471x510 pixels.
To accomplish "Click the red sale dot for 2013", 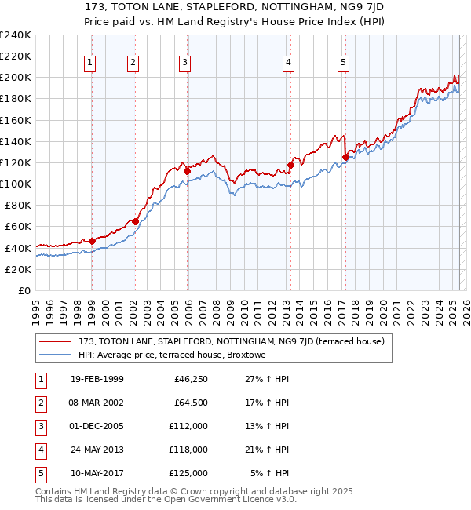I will tap(290, 166).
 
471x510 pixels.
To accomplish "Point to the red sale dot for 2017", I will tap(345, 157).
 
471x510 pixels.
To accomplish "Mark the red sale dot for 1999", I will tap(92, 241).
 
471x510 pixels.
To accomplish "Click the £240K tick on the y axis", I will tap(16, 35).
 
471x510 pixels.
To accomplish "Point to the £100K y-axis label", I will tap(16, 184).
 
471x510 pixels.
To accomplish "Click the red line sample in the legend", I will tap(56, 342).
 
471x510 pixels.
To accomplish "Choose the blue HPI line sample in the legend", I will tap(56, 355).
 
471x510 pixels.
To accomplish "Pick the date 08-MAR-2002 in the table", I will tap(97, 403).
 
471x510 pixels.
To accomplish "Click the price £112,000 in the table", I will tap(188, 426).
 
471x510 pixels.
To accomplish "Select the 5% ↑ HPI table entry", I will tap(269, 473).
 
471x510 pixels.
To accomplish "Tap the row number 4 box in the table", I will tap(40, 450).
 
